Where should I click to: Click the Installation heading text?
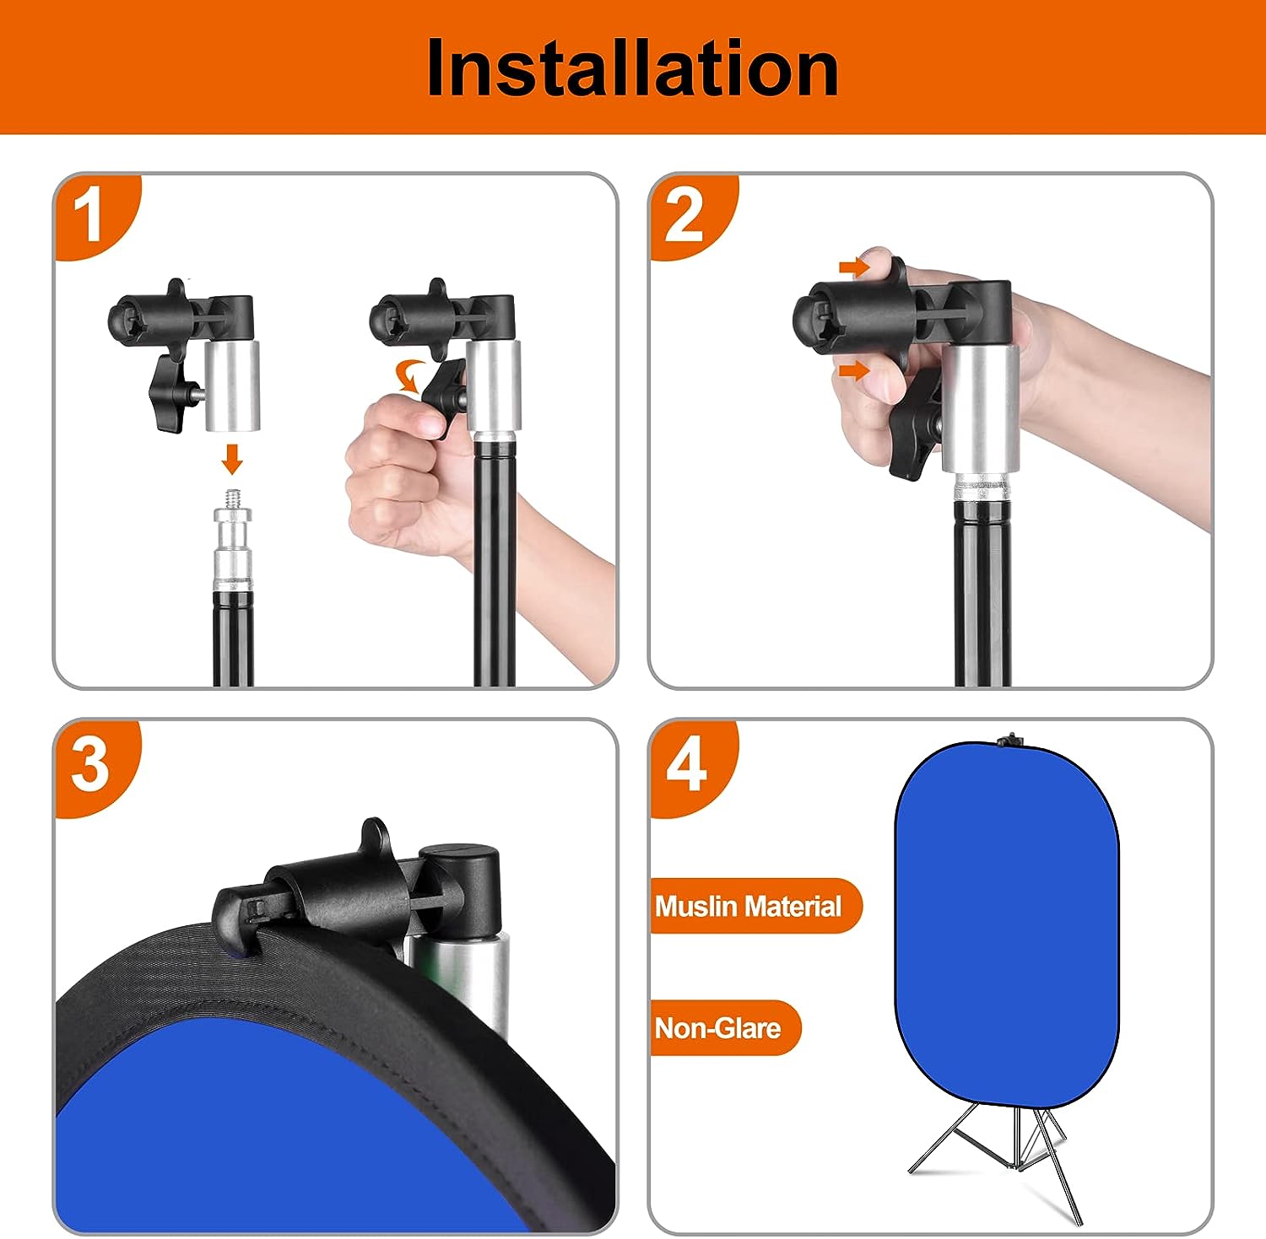632,67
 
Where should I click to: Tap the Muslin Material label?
749,906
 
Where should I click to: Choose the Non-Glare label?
718,1028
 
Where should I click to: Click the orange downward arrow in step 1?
232,459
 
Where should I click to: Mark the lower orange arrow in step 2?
853,370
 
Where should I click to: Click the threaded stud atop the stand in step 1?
232,497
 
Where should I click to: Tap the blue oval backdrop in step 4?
1006,924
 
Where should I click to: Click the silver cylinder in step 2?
980,409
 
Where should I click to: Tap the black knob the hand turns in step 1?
445,396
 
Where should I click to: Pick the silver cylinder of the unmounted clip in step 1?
231,385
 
